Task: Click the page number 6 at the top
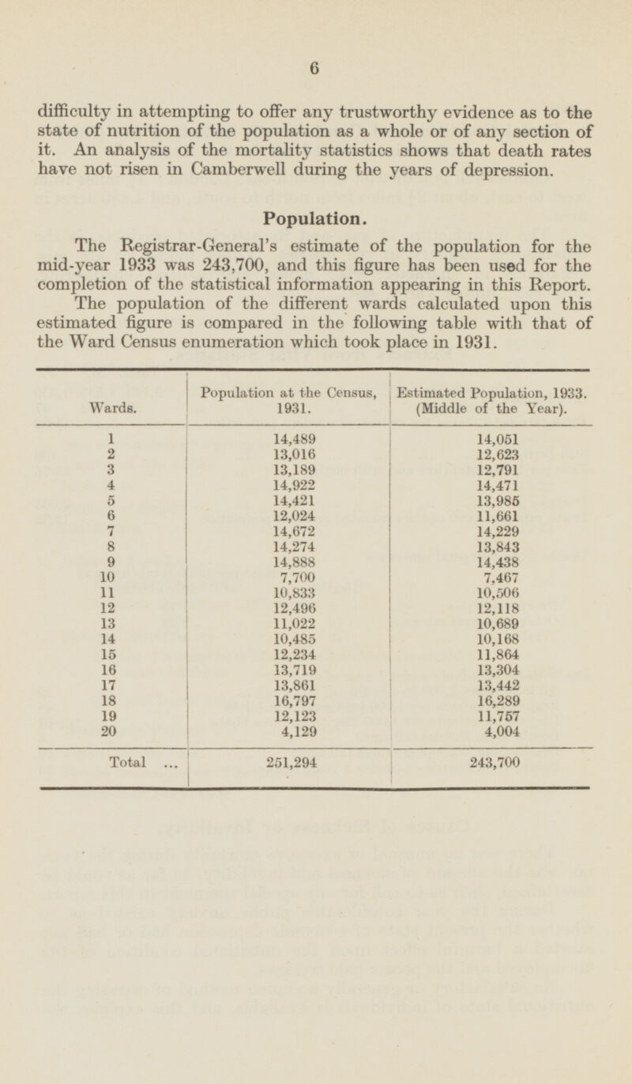point(314,69)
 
